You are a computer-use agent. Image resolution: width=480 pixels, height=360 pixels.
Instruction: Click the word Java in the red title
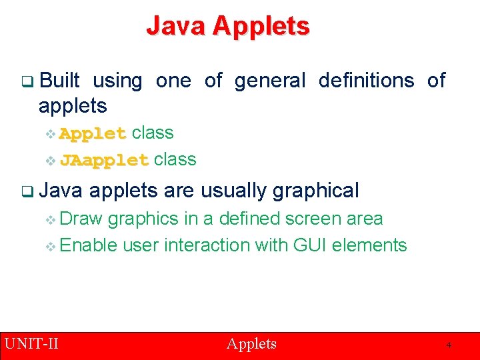175,26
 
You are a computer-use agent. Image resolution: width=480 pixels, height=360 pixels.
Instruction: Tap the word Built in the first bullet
59,81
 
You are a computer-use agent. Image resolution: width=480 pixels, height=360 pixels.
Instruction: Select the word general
269,81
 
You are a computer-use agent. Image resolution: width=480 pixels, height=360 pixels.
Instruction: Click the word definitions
366,81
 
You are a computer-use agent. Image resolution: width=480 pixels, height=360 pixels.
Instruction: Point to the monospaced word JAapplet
104,160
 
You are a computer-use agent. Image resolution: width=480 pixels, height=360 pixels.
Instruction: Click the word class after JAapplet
175,159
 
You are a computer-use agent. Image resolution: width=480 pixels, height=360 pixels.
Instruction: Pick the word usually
234,191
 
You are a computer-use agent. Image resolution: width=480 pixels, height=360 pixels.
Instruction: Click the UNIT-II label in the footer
31,344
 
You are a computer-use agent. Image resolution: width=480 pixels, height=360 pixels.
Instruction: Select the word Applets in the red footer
251,344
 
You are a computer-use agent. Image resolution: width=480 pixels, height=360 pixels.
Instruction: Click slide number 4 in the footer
449,345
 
